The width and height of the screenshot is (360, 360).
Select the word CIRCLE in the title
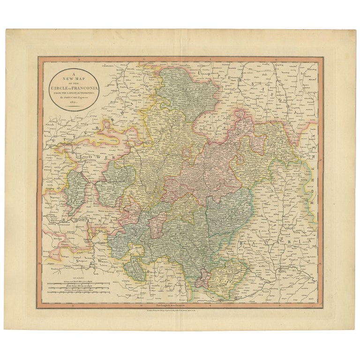click(59, 88)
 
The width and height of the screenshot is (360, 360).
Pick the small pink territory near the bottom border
click(201, 281)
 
